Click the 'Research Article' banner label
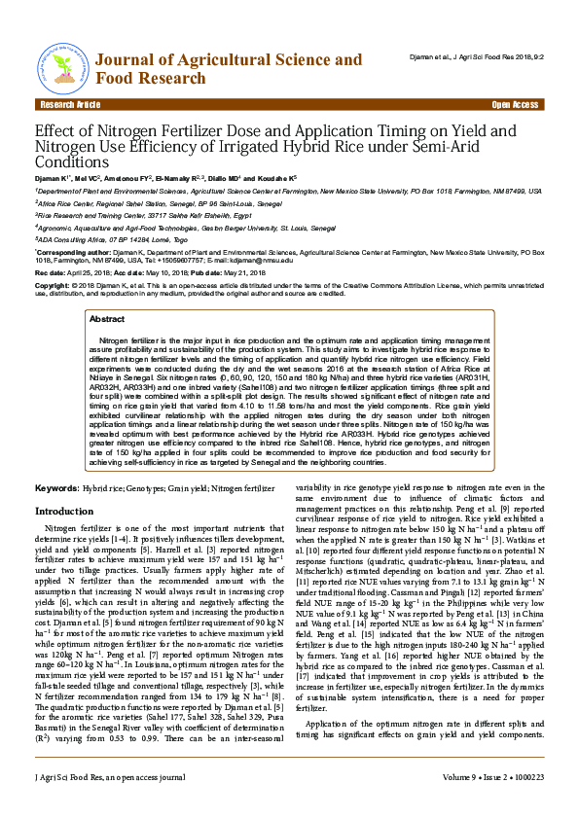coord(68,104)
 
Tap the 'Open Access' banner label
coord(515,104)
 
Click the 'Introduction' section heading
coord(64,511)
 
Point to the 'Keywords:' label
coord(56,486)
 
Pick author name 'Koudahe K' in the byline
coord(273,180)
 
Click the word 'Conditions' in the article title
coord(73,162)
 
